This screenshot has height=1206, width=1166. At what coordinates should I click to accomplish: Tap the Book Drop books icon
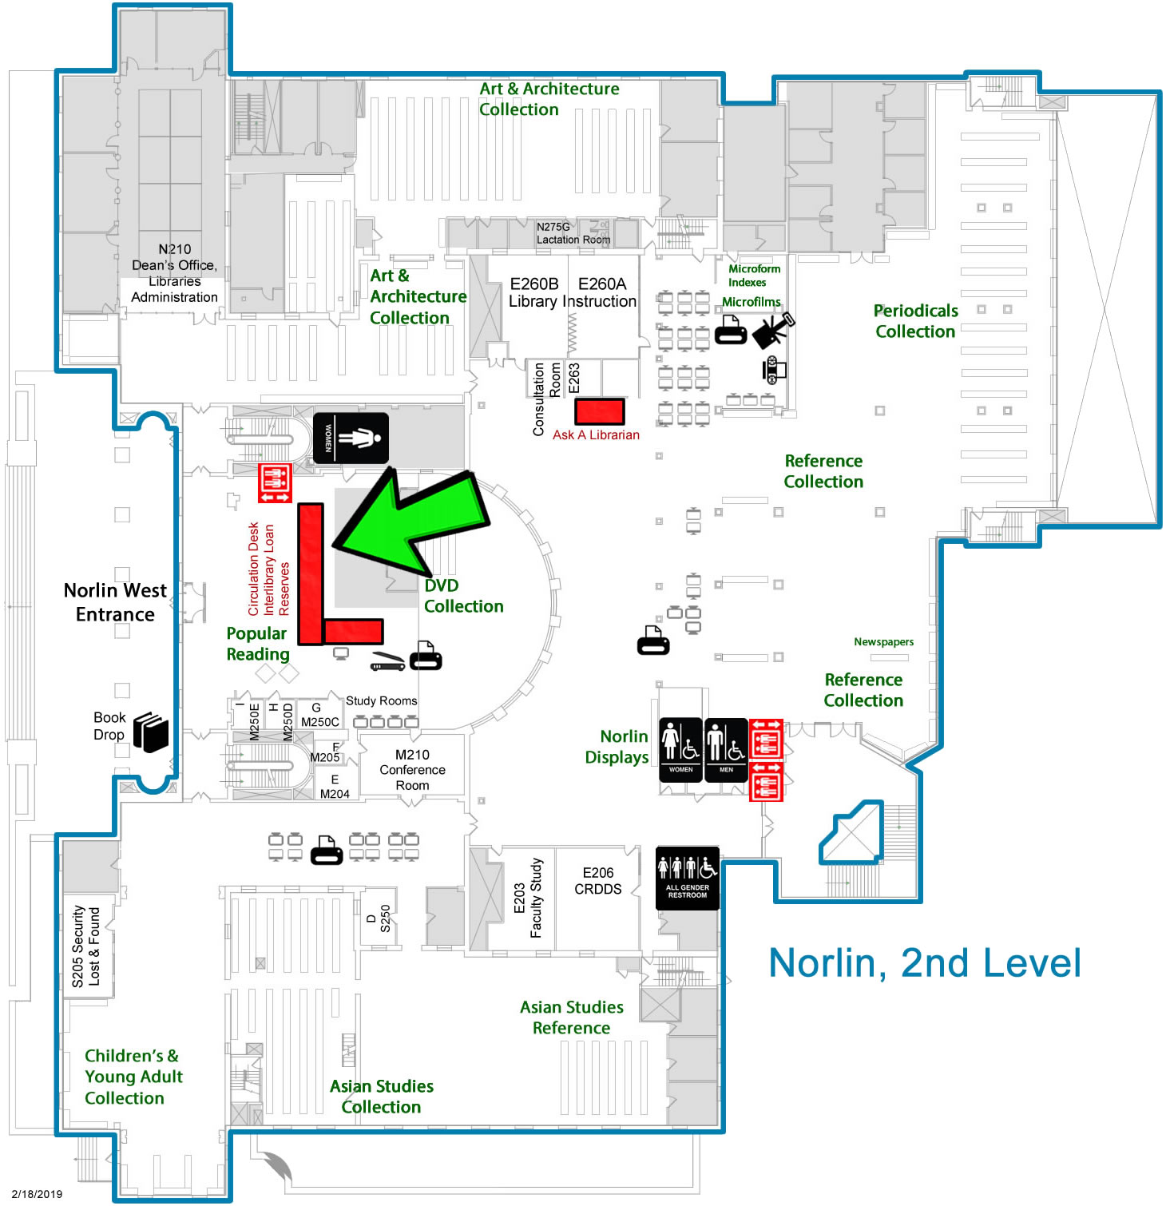tap(150, 732)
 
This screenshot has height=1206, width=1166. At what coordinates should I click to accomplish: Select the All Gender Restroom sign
tap(687, 878)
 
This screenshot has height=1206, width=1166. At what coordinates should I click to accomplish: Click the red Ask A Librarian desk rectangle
tap(599, 411)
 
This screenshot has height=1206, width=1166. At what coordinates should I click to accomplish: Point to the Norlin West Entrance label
tap(115, 602)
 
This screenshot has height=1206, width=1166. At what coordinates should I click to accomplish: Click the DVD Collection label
tap(463, 596)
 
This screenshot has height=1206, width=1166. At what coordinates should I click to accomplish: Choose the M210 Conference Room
tap(412, 770)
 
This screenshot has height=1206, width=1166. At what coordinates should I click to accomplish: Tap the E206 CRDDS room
tap(597, 881)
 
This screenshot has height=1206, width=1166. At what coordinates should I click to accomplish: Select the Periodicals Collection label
tap(915, 321)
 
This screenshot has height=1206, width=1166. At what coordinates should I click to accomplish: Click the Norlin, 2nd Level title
tap(924, 962)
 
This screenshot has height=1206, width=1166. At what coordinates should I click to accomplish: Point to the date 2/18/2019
tap(37, 1194)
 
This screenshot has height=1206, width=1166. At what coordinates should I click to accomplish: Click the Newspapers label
tap(883, 642)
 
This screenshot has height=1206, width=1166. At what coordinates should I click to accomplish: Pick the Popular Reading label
tap(257, 644)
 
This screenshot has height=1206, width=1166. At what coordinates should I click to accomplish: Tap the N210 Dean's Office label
tap(174, 273)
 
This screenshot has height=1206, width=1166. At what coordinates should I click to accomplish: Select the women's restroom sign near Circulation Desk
tap(350, 438)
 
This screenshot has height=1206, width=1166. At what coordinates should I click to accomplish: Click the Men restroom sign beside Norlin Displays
tap(726, 750)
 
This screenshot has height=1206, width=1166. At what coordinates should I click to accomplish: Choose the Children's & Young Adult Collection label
tap(133, 1077)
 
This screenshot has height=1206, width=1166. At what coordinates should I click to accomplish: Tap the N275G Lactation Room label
tap(573, 233)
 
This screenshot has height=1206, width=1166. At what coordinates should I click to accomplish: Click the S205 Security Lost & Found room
tap(86, 946)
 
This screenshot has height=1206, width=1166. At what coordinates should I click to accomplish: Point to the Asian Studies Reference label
tap(572, 1018)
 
